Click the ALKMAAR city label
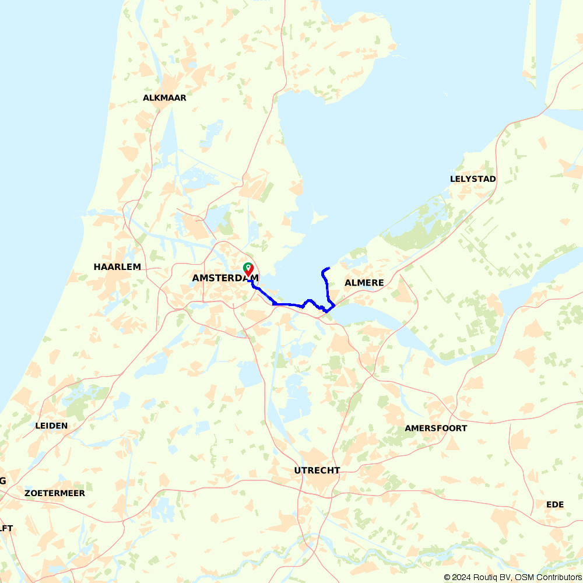164,98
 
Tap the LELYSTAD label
473,179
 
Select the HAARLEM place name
117,267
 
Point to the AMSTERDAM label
225,279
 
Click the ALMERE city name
364,283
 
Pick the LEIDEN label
51,426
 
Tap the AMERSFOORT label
436,429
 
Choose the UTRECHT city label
317,470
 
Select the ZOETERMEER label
55,493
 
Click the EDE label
555,504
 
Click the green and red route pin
248,269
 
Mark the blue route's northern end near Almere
329,268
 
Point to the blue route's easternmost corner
334,305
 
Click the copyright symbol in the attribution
448,577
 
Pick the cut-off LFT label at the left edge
6,529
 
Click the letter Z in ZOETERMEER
27,493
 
